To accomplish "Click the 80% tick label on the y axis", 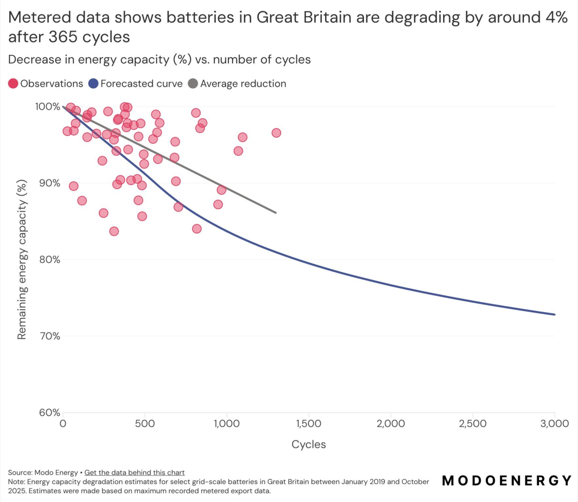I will [50, 260].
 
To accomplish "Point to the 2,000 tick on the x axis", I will [390, 424].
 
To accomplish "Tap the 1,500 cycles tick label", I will [308, 424].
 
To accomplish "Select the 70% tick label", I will [50, 336].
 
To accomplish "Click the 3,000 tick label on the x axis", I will [554, 424].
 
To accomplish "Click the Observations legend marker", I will [13, 84].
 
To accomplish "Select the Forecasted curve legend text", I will [141, 84].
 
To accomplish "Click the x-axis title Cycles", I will [308, 444].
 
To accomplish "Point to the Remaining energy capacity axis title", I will [22, 259].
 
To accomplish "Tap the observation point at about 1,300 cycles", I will [276, 133].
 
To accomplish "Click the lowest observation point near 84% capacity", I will [114, 231].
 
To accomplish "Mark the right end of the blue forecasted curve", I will [554, 314].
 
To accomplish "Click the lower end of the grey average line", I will [276, 213].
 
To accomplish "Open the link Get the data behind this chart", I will [134, 472].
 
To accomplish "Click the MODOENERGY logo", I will [507, 480].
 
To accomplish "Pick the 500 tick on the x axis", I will [144, 424].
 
